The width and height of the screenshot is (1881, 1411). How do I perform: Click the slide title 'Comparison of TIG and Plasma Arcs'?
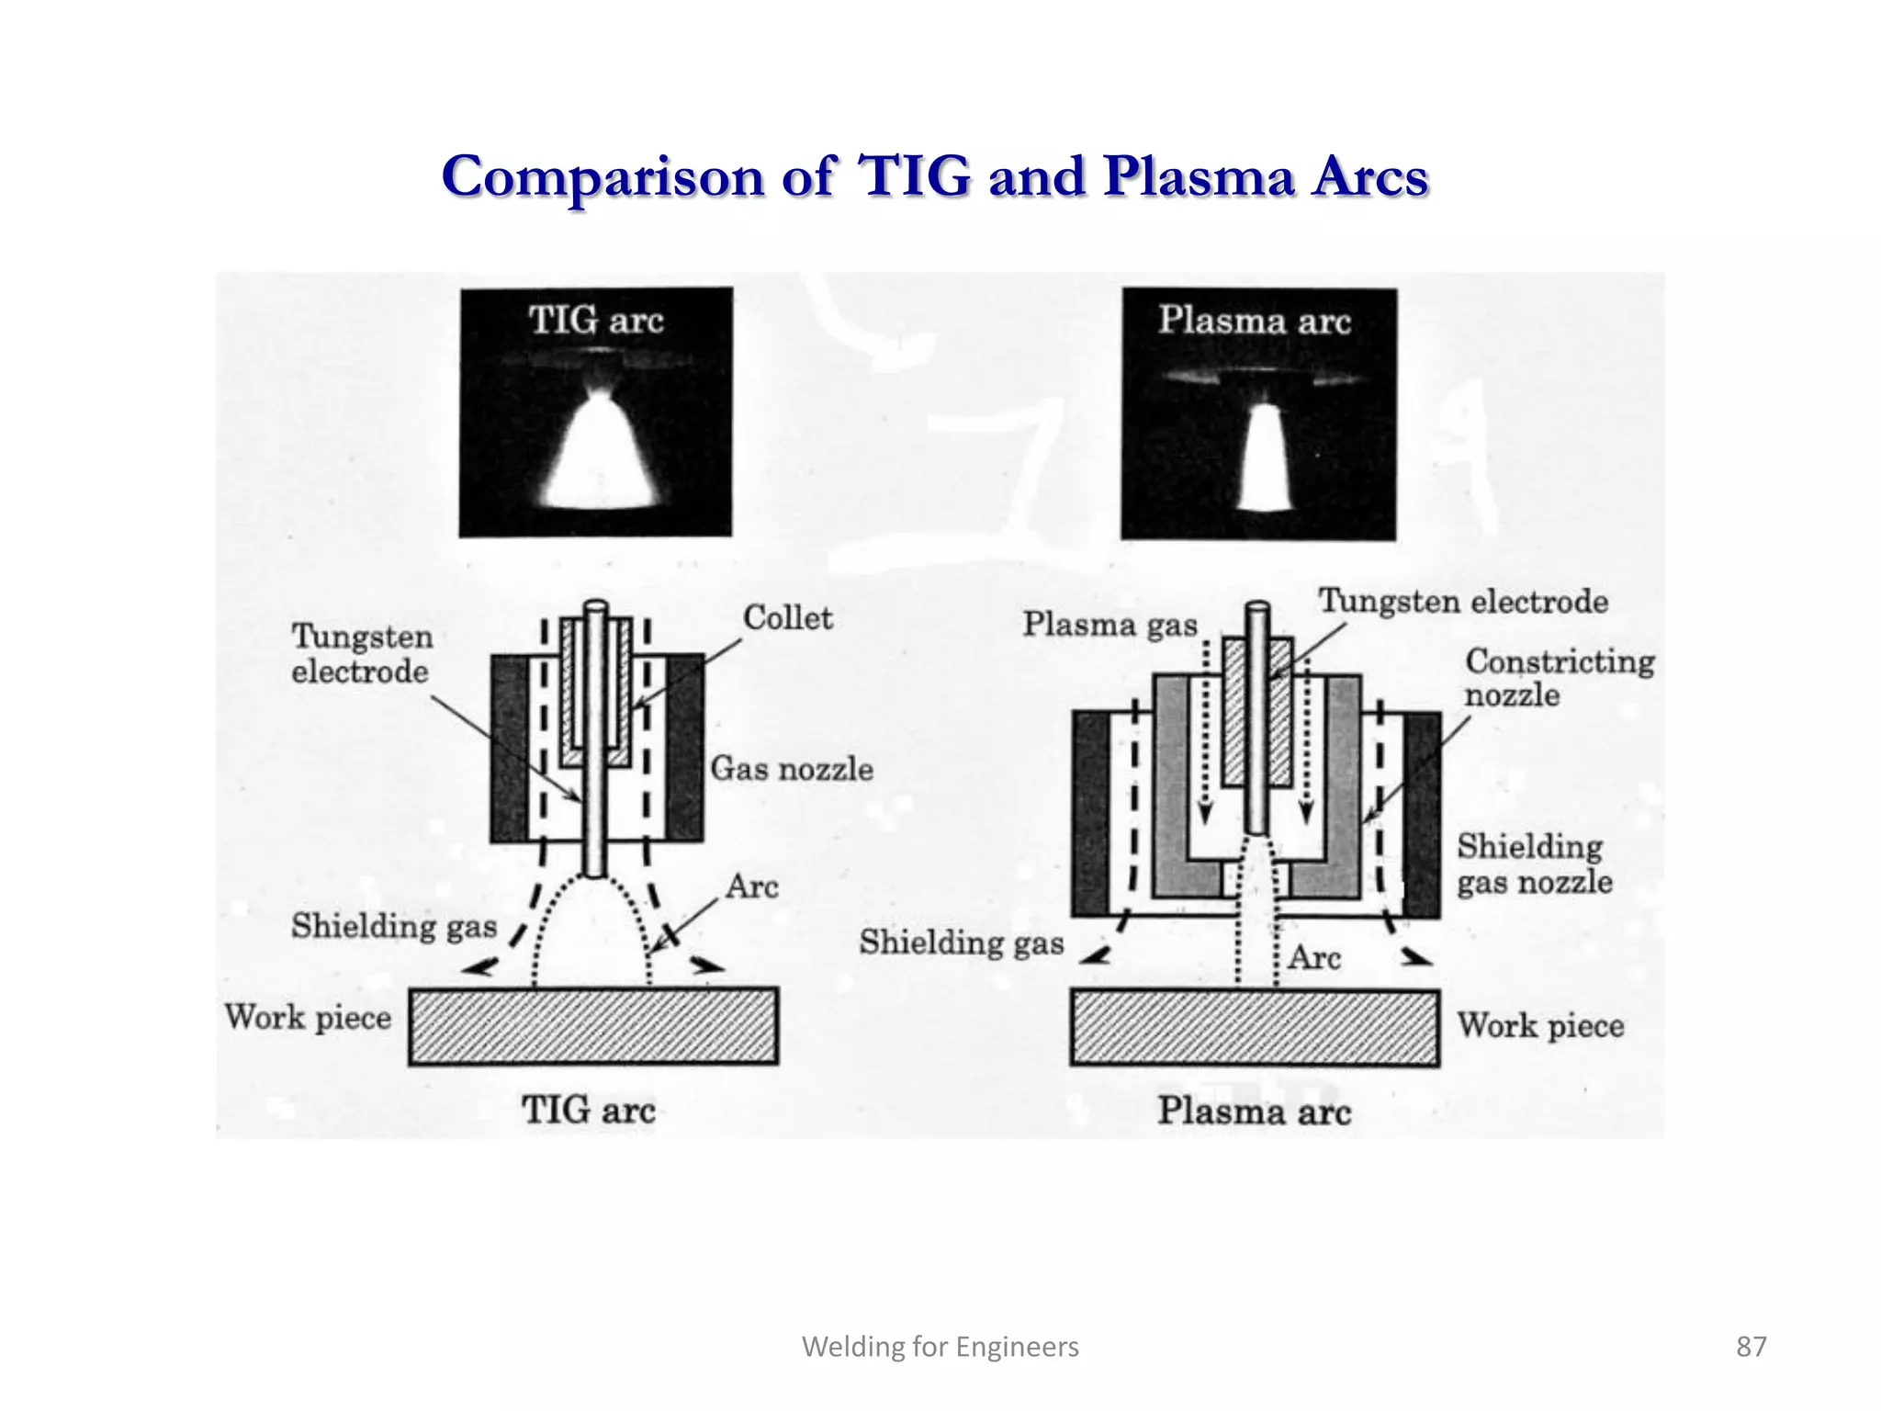[x=934, y=176]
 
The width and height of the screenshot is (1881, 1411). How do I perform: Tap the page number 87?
[x=1751, y=1347]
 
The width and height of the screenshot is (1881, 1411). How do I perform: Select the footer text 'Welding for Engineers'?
[x=940, y=1347]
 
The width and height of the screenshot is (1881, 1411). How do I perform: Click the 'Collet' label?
[x=787, y=618]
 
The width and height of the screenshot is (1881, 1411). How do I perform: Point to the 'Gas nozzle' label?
[x=791, y=769]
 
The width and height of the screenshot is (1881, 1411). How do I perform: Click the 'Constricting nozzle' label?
[x=1559, y=678]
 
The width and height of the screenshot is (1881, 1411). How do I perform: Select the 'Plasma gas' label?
[x=1109, y=625]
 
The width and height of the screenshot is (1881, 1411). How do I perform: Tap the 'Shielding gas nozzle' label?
[x=1534, y=864]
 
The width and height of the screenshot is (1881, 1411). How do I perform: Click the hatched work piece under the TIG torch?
[x=593, y=1026]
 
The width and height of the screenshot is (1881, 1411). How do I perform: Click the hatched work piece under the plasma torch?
[x=1255, y=1028]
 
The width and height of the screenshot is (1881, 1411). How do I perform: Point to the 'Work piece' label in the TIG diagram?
[x=308, y=1018]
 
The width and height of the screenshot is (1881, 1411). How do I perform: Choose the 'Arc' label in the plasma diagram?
[x=1314, y=958]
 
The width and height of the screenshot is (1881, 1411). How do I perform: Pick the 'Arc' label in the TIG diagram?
[x=751, y=887]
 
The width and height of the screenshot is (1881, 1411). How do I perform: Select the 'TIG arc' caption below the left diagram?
[x=589, y=1111]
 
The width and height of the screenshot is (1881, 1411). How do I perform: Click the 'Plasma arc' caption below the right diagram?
[x=1254, y=1112]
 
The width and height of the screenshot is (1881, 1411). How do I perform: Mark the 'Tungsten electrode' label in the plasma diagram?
[x=1463, y=603]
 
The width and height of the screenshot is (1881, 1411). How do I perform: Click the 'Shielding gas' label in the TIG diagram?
[x=394, y=926]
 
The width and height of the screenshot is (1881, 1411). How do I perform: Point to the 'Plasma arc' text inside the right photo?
[x=1254, y=321]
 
